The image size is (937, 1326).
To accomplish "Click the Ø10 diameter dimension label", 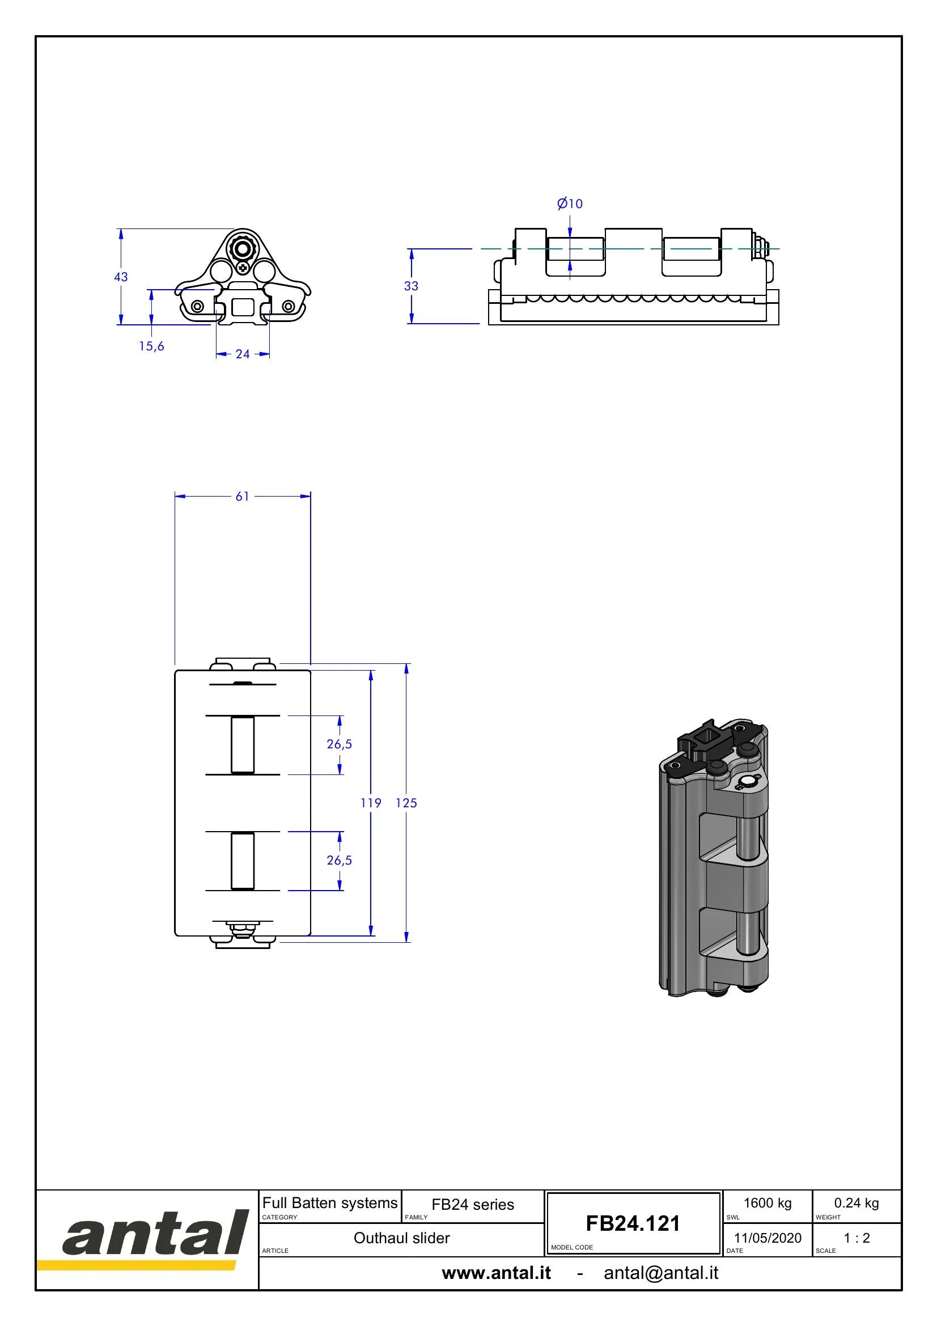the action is [x=570, y=204].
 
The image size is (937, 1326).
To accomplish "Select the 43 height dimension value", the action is [x=121, y=277].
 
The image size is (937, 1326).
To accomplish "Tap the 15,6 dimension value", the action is [x=151, y=346].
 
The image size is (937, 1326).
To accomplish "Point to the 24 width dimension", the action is [x=243, y=354].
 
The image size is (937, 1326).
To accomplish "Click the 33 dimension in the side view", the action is [x=411, y=286].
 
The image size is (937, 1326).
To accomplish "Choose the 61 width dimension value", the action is [x=243, y=496].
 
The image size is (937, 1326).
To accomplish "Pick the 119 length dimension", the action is [x=371, y=803].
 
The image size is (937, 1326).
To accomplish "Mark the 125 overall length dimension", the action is [x=406, y=803].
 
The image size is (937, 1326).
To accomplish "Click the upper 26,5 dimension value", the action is [x=340, y=744].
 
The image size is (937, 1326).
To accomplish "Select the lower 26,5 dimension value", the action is [x=340, y=860].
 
